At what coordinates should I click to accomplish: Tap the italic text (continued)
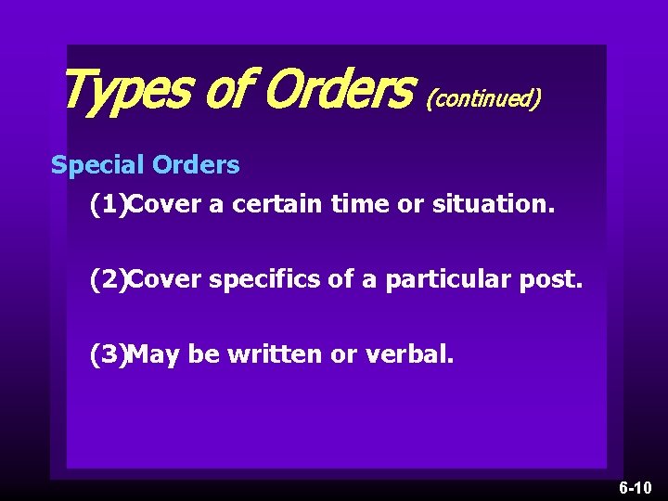tap(483, 96)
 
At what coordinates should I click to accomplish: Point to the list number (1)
tap(108, 204)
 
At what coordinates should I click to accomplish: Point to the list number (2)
tap(108, 279)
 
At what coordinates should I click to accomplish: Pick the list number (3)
tap(108, 353)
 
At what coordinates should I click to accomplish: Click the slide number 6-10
tap(636, 487)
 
